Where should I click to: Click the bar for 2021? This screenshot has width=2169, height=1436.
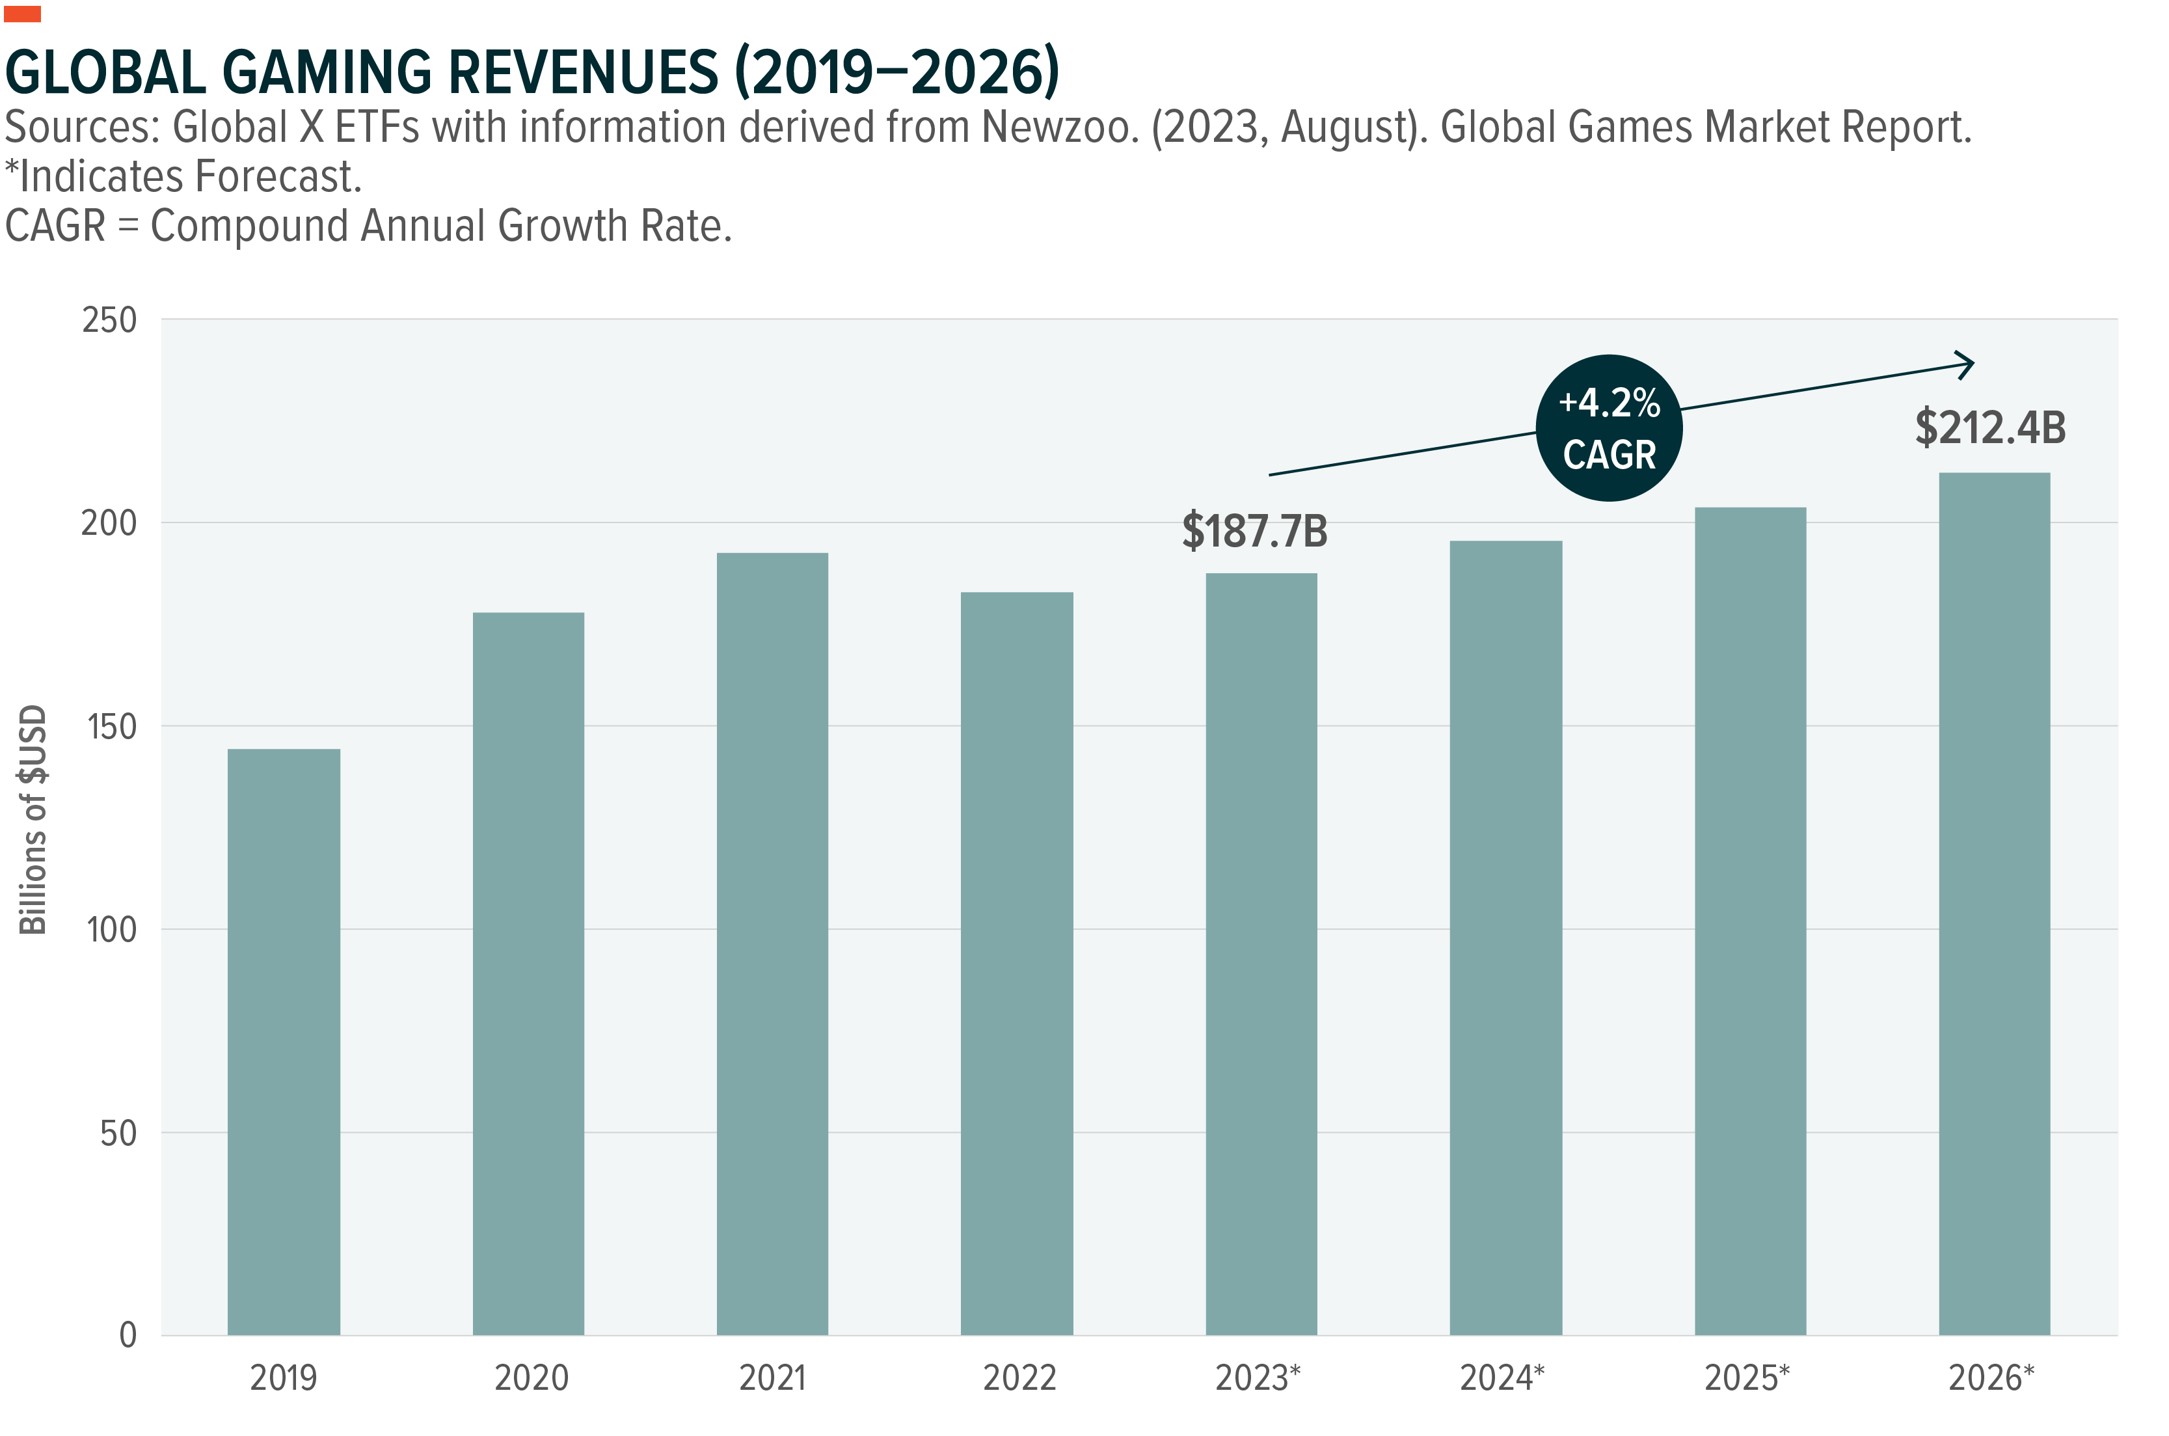(x=772, y=943)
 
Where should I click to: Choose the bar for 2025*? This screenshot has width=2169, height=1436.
(x=1749, y=921)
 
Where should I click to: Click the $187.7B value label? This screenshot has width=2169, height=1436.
(x=1254, y=531)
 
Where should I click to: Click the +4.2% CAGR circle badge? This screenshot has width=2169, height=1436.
(x=1609, y=427)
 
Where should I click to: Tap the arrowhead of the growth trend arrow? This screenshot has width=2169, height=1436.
(x=1967, y=364)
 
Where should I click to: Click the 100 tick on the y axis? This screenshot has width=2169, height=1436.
(x=111, y=930)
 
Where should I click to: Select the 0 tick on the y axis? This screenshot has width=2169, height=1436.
(x=128, y=1335)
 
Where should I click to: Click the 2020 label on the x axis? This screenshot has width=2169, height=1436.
(x=531, y=1377)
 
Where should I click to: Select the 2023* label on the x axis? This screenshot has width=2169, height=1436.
(x=1257, y=1377)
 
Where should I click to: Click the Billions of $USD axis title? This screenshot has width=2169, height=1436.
(x=33, y=820)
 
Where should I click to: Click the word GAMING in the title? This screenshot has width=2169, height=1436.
(x=326, y=74)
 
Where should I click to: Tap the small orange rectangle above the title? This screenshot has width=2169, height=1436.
(x=22, y=14)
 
